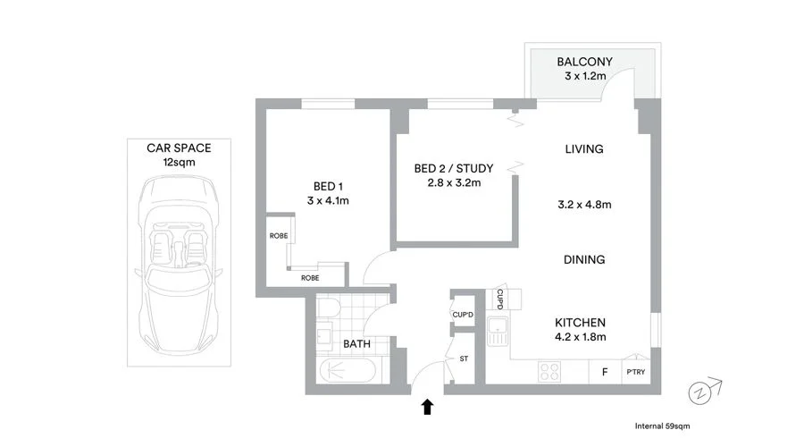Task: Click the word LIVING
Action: click(584, 149)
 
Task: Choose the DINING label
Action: click(584, 260)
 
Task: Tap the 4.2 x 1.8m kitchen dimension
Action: click(582, 337)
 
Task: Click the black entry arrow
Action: click(427, 408)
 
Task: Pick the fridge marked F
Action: click(605, 373)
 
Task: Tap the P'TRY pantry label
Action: click(636, 373)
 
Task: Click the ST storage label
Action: click(464, 359)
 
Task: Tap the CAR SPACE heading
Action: click(179, 148)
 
